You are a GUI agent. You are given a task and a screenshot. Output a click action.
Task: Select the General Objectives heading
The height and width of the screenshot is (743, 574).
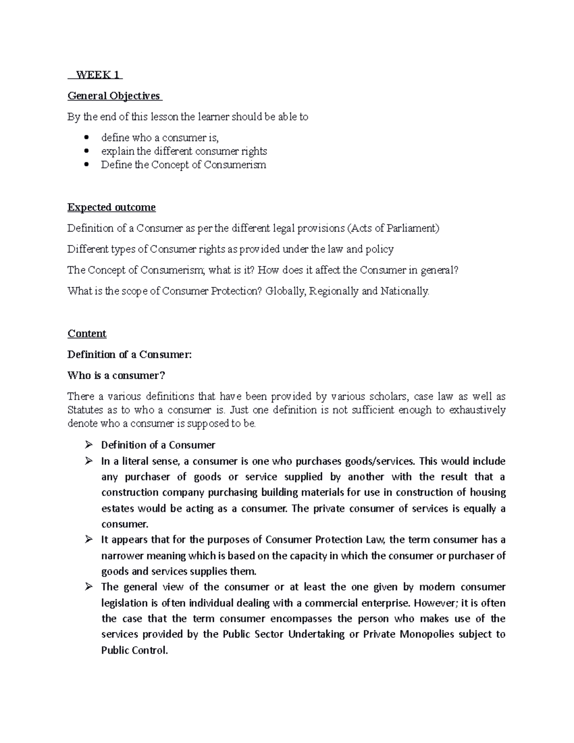(x=114, y=96)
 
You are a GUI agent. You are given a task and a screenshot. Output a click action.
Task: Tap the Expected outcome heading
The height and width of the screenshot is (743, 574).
(x=111, y=207)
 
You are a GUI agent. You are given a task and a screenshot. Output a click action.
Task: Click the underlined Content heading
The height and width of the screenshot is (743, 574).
(x=87, y=333)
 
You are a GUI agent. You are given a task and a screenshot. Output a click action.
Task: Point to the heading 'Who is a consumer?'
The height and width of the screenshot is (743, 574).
(x=116, y=376)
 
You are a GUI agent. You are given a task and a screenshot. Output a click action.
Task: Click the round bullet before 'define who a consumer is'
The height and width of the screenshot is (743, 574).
(x=87, y=138)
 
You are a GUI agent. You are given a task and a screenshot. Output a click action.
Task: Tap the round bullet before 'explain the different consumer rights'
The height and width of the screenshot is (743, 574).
(x=87, y=151)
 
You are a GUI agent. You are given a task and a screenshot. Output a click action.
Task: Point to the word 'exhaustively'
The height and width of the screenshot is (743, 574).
(x=477, y=410)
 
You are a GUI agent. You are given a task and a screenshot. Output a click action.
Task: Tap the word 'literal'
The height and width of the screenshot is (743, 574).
(x=137, y=461)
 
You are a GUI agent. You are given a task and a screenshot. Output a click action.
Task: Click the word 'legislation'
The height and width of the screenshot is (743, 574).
(x=125, y=603)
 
